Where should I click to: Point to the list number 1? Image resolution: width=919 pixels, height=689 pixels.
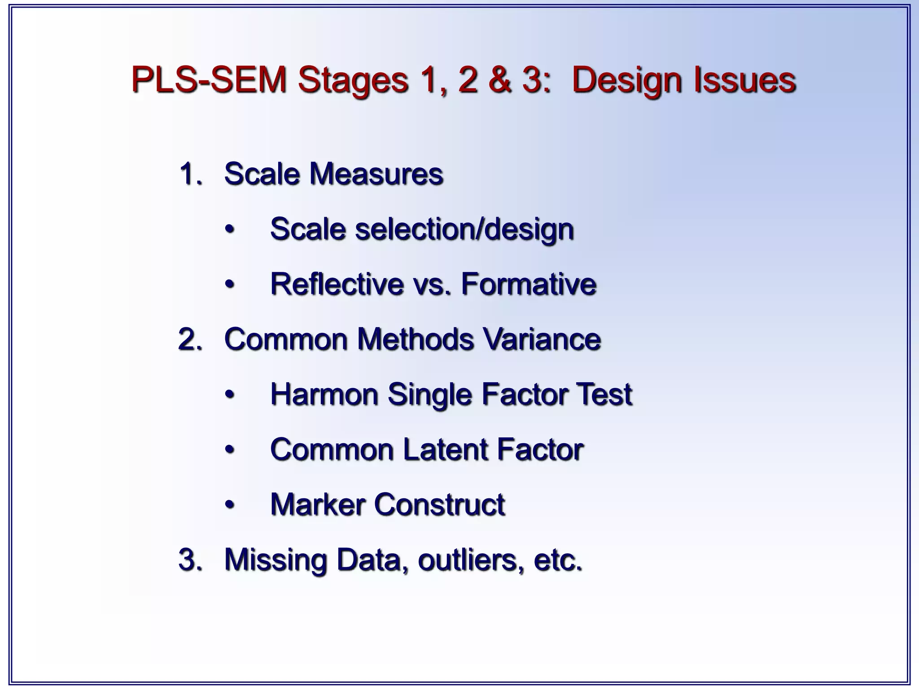(190, 174)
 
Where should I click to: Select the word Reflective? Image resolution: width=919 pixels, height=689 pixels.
(337, 284)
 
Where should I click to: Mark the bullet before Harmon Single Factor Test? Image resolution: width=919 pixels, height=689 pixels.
(230, 395)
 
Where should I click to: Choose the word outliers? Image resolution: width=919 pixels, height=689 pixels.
(471, 560)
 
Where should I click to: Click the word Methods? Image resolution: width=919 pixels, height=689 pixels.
(416, 339)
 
